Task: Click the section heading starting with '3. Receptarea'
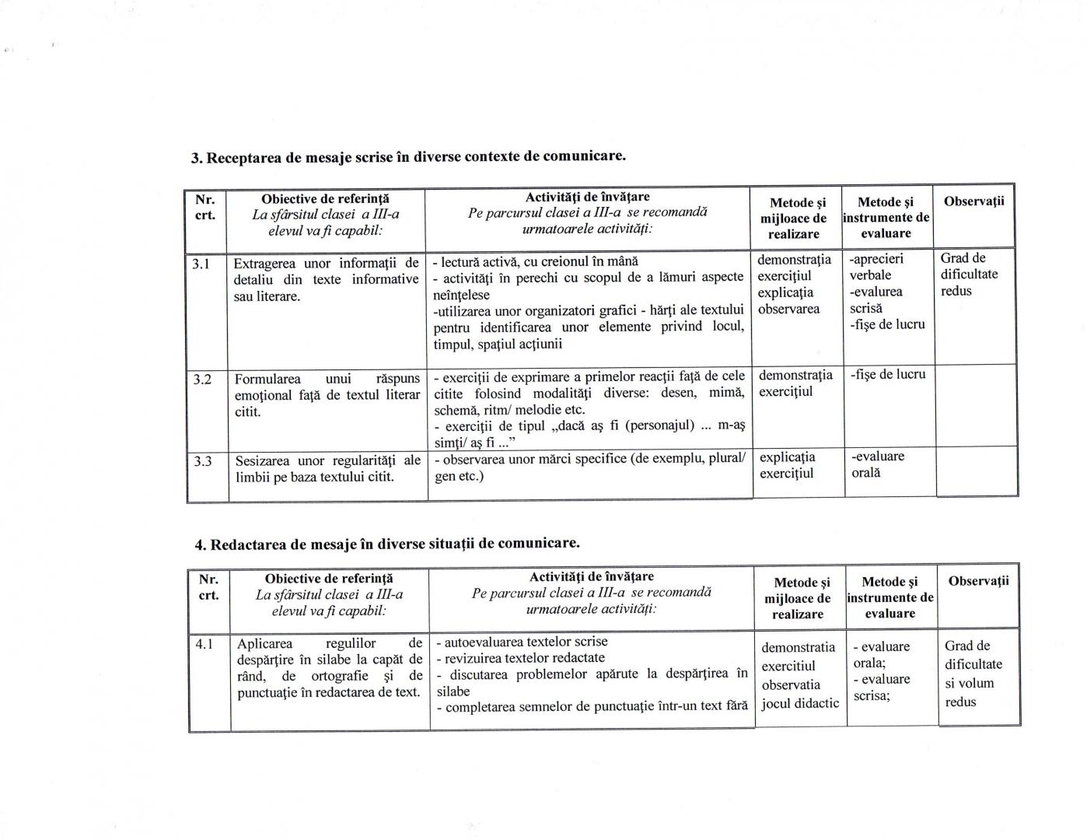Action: pyautogui.click(x=408, y=156)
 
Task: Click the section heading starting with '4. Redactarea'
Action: pyautogui.click(x=387, y=543)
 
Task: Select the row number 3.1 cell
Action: pyautogui.click(x=202, y=264)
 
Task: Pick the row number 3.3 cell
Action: pyautogui.click(x=204, y=461)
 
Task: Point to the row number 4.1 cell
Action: pyautogui.click(x=205, y=644)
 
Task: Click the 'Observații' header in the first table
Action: pyautogui.click(x=973, y=201)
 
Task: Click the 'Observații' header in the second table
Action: pyautogui.click(x=978, y=581)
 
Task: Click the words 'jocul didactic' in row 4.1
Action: pyautogui.click(x=800, y=703)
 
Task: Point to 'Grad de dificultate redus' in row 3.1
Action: pyautogui.click(x=969, y=275)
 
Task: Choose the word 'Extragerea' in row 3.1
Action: pyautogui.click(x=264, y=263)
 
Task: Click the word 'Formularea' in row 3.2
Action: pyautogui.click(x=268, y=379)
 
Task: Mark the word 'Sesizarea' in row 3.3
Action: pyautogui.click(x=264, y=460)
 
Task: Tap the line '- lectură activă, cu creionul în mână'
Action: pyautogui.click(x=535, y=261)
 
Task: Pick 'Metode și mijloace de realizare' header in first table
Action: pyautogui.click(x=793, y=218)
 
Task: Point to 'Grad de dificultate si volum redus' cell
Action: pyautogui.click(x=973, y=674)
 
